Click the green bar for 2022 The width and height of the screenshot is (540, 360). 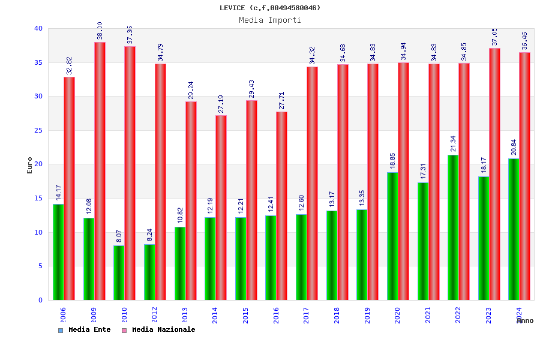tap(453, 227)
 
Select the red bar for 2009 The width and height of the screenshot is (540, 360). tap(100, 171)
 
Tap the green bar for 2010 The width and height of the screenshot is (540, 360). tap(119, 272)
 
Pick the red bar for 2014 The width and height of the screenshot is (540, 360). tap(221, 208)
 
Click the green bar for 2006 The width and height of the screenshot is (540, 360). tap(58, 252)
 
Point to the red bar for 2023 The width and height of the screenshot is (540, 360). tap(494, 174)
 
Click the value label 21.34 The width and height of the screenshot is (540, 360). tap(453, 144)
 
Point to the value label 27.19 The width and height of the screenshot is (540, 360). tap(221, 104)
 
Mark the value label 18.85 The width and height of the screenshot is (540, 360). tap(392, 161)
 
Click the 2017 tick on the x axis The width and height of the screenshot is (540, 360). tap(307, 315)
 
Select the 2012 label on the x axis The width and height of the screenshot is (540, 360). tap(155, 315)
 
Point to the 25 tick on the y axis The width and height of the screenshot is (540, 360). tap(38, 130)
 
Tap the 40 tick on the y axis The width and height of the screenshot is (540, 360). tap(38, 28)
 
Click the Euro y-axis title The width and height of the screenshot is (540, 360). tap(30, 165)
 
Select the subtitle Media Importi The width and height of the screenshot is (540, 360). tap(270, 20)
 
